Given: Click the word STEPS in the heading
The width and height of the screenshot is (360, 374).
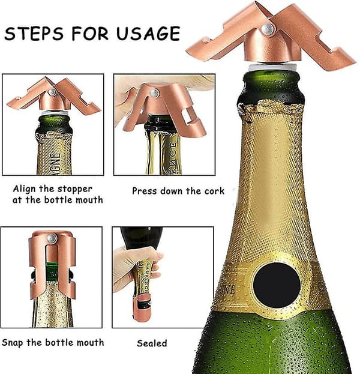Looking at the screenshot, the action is point(34,34).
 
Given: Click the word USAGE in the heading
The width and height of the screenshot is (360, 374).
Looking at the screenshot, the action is point(148,34).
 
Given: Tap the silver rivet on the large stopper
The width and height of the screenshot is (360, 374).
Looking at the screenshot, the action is point(268,29).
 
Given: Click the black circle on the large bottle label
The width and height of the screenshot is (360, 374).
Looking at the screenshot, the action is point(277,285).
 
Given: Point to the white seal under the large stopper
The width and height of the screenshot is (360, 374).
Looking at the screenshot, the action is point(272,67).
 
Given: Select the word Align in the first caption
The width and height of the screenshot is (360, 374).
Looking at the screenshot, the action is point(25,189).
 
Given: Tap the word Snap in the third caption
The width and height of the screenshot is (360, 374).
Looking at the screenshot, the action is point(13,343).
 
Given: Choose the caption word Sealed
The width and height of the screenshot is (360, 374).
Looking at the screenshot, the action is point(152,343).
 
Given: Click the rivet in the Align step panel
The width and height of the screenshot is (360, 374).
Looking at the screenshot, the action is point(52,92).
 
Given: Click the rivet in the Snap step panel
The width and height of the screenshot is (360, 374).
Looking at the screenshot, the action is point(52,238).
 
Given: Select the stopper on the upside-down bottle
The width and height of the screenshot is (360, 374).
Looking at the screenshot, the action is point(142,307).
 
